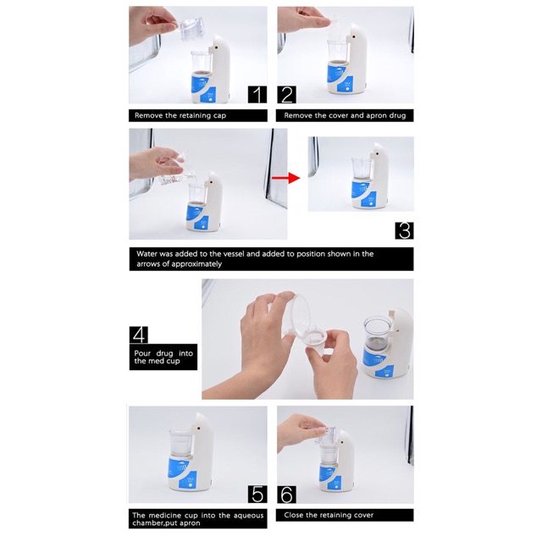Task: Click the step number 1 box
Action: point(257,94)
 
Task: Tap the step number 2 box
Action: point(286,94)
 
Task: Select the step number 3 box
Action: point(404,230)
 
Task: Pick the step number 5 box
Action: point(257,494)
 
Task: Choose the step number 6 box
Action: point(286,494)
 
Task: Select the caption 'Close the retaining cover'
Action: point(328,514)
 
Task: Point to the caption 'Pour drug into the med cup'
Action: point(163,356)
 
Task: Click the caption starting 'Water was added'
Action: point(254,258)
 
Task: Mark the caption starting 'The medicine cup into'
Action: point(197,519)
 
